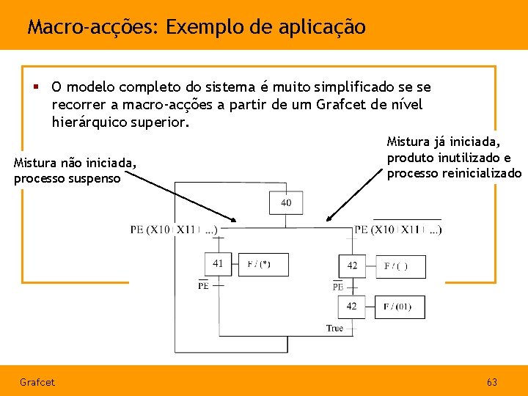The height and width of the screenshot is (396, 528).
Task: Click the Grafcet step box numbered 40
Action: pos(285,202)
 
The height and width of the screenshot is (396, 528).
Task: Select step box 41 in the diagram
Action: pos(219,263)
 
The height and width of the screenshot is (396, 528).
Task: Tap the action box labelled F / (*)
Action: pos(263,264)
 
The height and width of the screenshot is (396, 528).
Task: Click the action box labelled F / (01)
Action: pos(400,307)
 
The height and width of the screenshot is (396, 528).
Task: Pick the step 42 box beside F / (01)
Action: pos(352,307)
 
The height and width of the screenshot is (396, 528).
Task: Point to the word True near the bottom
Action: pos(334,328)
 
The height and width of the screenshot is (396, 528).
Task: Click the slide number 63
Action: pos(491,382)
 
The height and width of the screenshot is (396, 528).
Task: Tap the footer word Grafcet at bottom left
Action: pos(37,382)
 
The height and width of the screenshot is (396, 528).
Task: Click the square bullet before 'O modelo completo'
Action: pos(35,87)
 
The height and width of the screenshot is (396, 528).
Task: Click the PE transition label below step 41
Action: pos(203,285)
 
